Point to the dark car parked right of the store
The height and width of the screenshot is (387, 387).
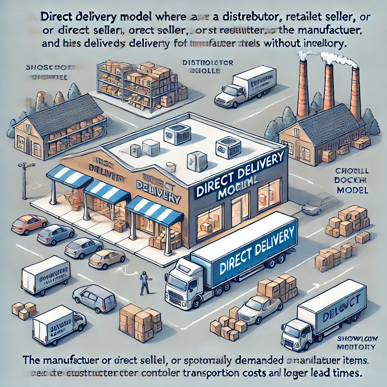[x=318, y=204]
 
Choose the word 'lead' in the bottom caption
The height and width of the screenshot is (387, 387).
[x=327, y=372]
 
